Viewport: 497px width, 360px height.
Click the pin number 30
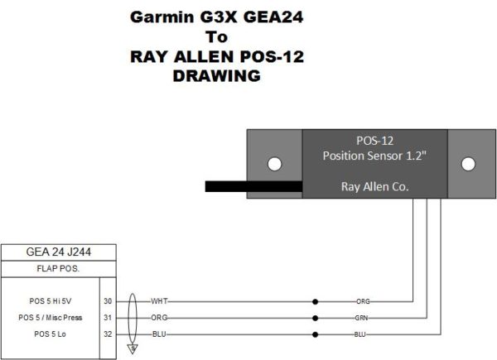pyautogui.click(x=108, y=301)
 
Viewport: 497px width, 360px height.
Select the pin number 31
pyautogui.click(x=108, y=317)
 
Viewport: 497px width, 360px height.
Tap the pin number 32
pyautogui.click(x=108, y=334)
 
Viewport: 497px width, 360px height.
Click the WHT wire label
pyautogui.click(x=160, y=301)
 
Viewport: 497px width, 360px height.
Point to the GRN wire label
pyautogui.click(x=362, y=317)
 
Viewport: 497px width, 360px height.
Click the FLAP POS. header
pyautogui.click(x=58, y=270)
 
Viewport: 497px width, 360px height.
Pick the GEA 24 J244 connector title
pyautogui.click(x=58, y=253)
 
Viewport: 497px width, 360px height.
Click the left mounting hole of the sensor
pyautogui.click(x=273, y=163)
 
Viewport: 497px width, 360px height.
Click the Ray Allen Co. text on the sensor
pyautogui.click(x=375, y=187)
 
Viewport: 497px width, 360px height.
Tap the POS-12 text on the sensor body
pyautogui.click(x=375, y=141)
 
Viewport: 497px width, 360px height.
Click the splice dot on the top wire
pyautogui.click(x=314, y=301)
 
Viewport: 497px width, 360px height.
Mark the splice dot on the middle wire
pyautogui.click(x=314, y=317)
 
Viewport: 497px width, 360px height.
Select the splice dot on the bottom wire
pyautogui.click(x=314, y=334)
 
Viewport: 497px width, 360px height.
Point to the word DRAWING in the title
pyautogui.click(x=217, y=76)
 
